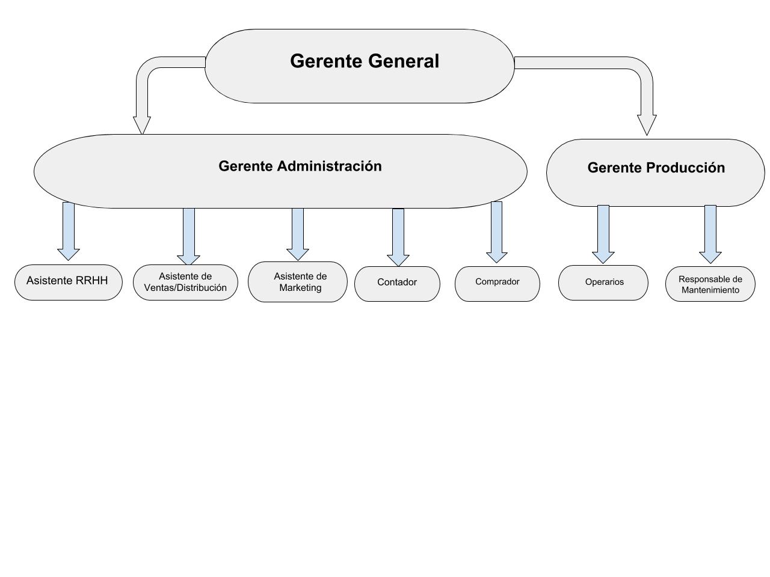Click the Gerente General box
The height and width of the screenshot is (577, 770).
pos(359,66)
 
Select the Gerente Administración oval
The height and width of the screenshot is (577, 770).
pos(280,171)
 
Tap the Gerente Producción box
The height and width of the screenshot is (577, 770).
pos(655,172)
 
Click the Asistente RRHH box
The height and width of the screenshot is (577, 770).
pos(69,282)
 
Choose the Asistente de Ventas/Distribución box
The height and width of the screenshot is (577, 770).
pos(185,282)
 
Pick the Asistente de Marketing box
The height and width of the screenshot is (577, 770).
pos(298,282)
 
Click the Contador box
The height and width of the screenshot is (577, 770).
pos(397,284)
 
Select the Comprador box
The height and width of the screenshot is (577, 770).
pos(497,284)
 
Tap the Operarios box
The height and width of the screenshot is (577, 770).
pos(603,282)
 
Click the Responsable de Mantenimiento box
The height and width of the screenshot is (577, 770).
pos(710,284)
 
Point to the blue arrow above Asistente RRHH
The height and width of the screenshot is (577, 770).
pos(69,231)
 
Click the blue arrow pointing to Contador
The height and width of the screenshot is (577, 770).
pos(398,237)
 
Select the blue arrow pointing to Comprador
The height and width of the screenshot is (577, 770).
pos(496,232)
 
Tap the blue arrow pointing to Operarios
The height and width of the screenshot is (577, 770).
pos(603,234)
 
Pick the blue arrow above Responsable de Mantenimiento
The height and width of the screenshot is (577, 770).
pos(710,234)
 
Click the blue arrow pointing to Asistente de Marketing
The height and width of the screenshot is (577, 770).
pos(298,234)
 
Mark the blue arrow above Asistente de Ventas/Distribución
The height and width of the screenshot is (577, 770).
pos(188,237)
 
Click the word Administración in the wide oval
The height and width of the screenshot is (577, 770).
pos(329,166)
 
